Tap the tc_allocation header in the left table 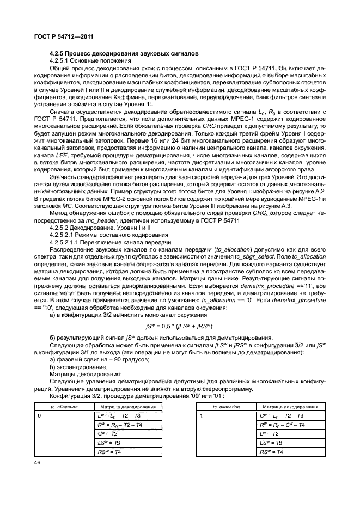(x=64, y=407)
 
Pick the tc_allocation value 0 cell (x=39, y=415)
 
